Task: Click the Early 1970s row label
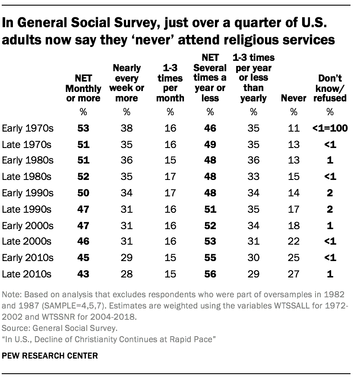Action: [28, 129]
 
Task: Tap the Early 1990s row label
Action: [28, 193]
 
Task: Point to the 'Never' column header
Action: [293, 98]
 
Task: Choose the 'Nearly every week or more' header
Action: [126, 83]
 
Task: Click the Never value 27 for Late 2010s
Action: [293, 274]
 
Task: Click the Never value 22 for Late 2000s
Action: [293, 241]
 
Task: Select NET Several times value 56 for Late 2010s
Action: [210, 274]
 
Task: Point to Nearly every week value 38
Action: [126, 129]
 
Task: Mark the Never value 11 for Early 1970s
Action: [293, 129]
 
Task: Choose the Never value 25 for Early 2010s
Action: [293, 258]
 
